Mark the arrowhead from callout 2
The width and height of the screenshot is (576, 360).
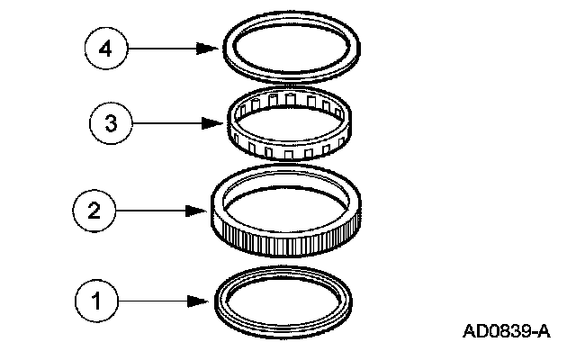pyautogui.click(x=201, y=211)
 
